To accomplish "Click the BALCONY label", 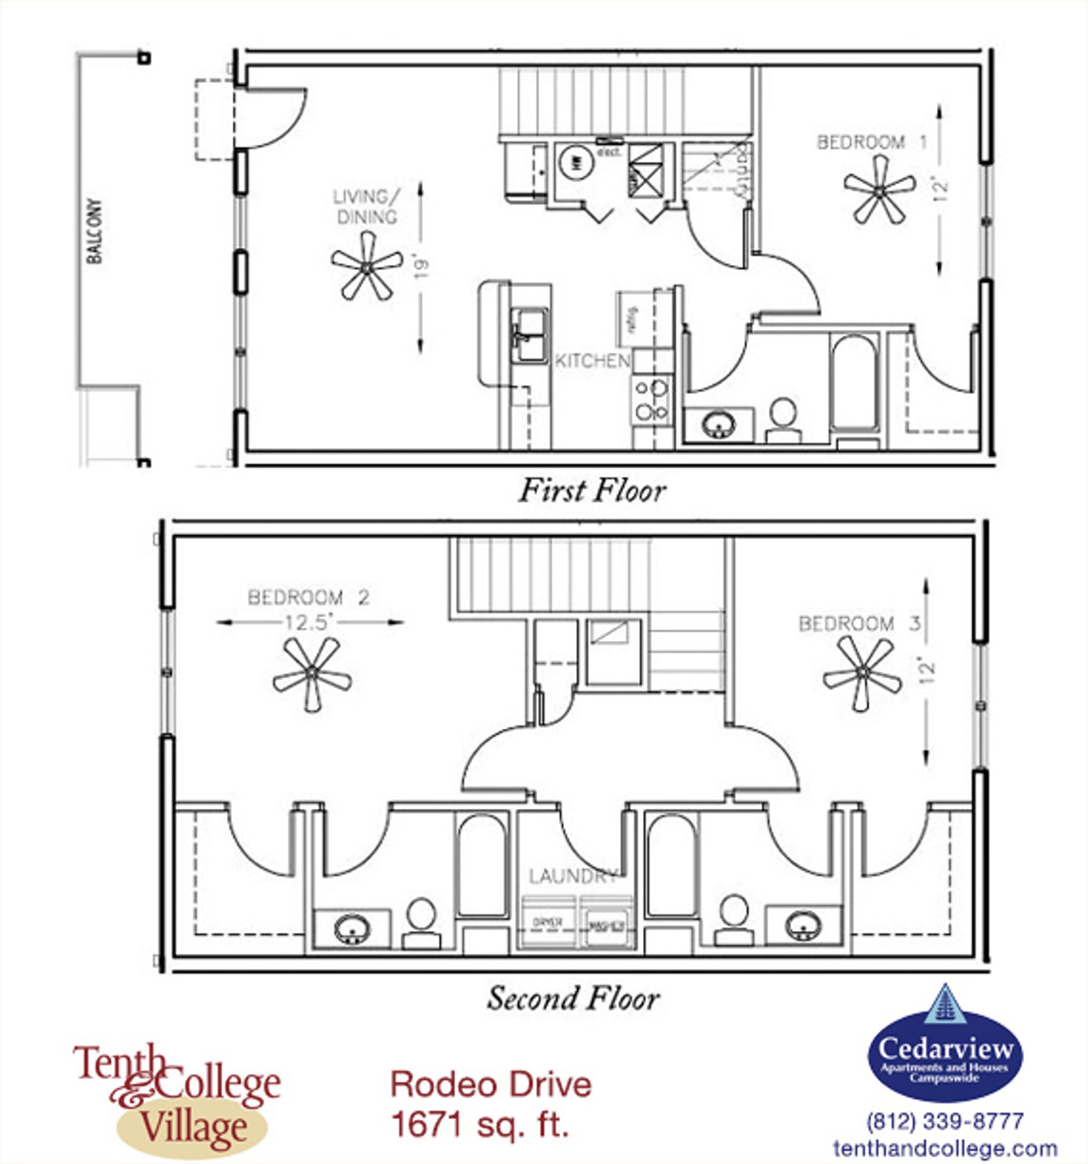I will coord(95,231).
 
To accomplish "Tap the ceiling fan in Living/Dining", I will coord(366,267).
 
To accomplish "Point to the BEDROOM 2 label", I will coord(308,597).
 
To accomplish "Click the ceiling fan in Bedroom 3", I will coord(862,672).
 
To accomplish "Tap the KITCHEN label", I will coord(593,361).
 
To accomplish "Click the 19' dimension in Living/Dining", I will coord(421,267).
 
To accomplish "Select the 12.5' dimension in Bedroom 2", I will coord(310,623).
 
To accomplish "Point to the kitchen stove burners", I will coord(652,400).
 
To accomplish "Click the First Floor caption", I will coord(592,490).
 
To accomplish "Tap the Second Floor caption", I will coord(573,998).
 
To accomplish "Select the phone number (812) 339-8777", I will coord(945,1121).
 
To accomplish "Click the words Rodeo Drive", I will coord(491,1085).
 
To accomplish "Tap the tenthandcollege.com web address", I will coord(945,1148).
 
